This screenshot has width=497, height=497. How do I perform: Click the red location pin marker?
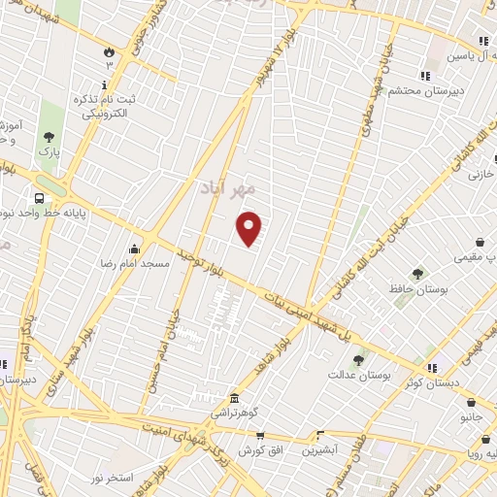tap(249, 227)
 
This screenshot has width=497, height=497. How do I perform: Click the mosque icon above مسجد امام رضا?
tap(135, 247)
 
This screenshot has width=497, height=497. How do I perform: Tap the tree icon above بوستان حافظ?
tap(417, 247)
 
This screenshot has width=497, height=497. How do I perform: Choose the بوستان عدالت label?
tap(358, 374)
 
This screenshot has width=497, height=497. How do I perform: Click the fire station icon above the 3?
tap(109, 50)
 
